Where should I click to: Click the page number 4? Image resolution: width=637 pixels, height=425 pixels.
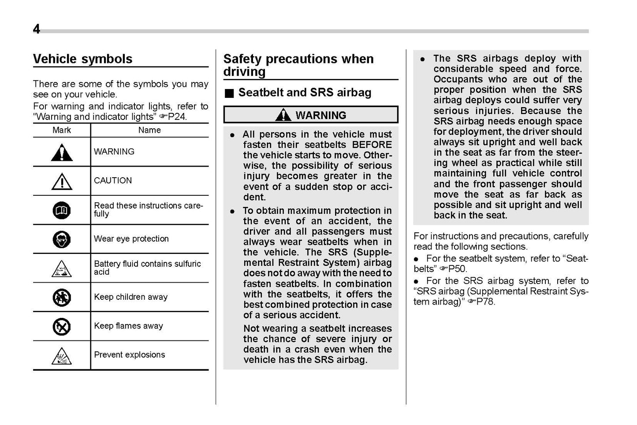pos(37,29)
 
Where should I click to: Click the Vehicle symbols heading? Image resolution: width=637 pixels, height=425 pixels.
pos(82,59)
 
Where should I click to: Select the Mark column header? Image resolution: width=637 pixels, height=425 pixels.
pos(62,130)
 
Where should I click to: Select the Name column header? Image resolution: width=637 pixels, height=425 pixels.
pos(149,130)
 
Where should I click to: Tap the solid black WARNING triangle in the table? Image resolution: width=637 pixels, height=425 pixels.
pos(62,153)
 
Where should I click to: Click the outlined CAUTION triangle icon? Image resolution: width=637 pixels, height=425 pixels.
pos(62,181)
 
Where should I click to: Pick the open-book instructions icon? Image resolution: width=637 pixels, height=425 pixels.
pos(62,211)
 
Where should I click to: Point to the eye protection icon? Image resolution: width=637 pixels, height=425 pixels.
pos(62,239)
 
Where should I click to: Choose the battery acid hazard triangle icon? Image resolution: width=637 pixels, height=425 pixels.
pos(62,268)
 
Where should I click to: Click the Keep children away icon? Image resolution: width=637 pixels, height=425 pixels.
pos(62,298)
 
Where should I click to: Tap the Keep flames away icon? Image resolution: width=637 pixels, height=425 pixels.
pos(62,327)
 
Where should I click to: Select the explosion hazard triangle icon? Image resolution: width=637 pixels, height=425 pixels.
pos(62,356)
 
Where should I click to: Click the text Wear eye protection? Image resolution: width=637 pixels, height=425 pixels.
pos(131,239)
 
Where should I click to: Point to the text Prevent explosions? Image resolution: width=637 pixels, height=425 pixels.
pos(130,355)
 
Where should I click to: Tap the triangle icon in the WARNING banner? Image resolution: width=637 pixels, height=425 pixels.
pos(283,115)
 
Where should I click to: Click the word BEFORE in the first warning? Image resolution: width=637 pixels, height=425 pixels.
pos(372,145)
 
